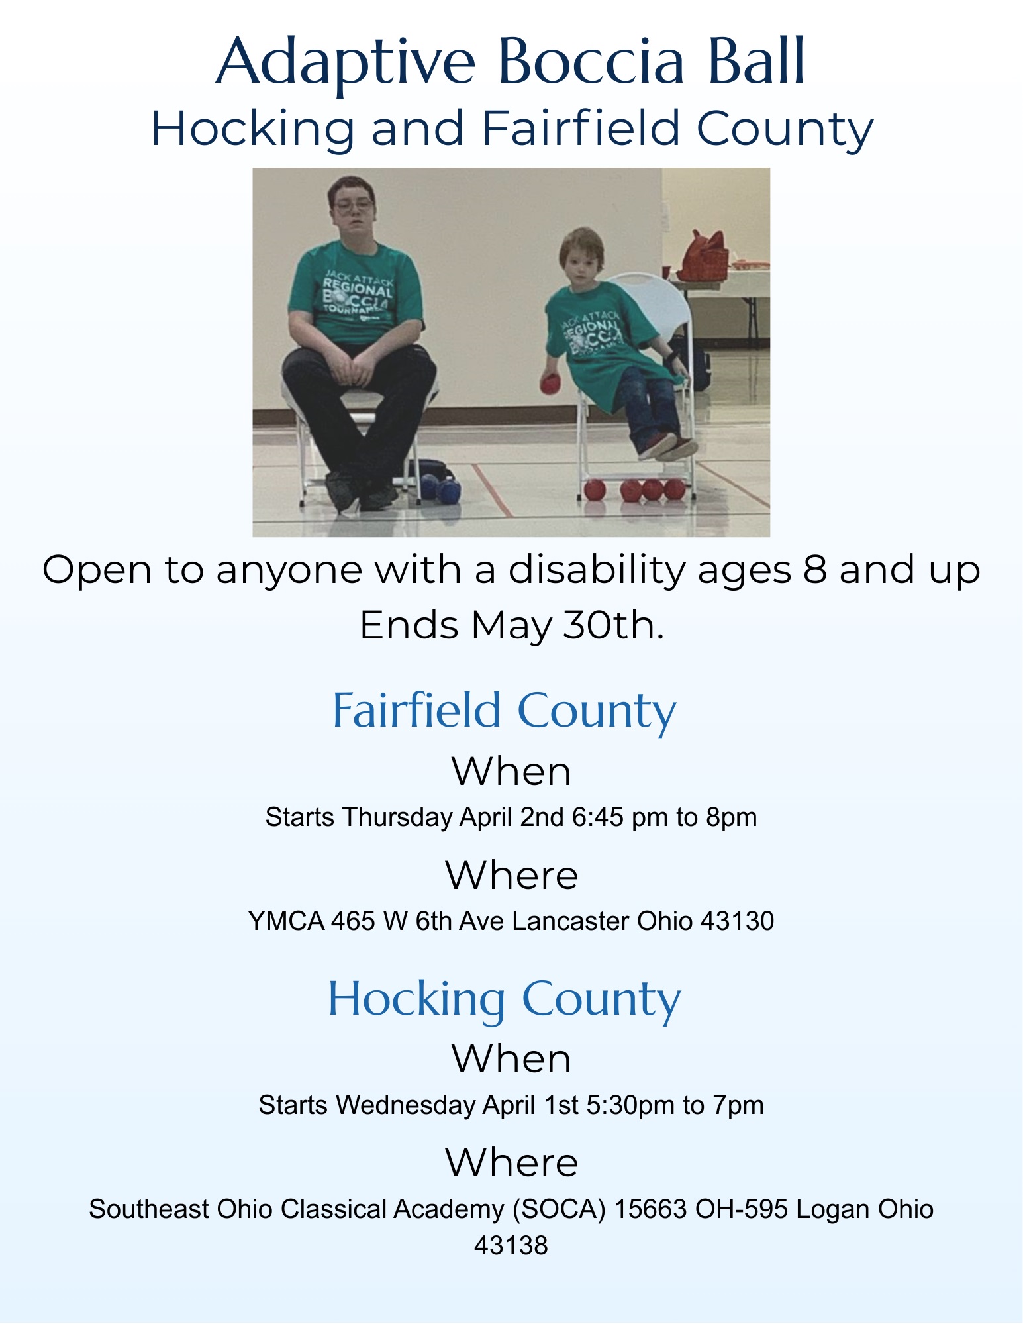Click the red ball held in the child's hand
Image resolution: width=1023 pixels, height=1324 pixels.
(x=550, y=383)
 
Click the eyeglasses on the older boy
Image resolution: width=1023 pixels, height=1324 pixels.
(x=353, y=205)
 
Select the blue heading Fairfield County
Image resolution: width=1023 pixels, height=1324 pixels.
(x=504, y=710)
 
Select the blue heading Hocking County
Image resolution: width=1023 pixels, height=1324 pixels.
(x=504, y=999)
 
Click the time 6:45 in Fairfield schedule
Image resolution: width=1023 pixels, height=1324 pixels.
(x=598, y=817)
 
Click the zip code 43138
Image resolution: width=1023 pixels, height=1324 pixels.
(x=511, y=1246)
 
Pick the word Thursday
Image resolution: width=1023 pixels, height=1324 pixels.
(x=397, y=817)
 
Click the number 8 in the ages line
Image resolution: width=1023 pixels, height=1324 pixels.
(x=815, y=570)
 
